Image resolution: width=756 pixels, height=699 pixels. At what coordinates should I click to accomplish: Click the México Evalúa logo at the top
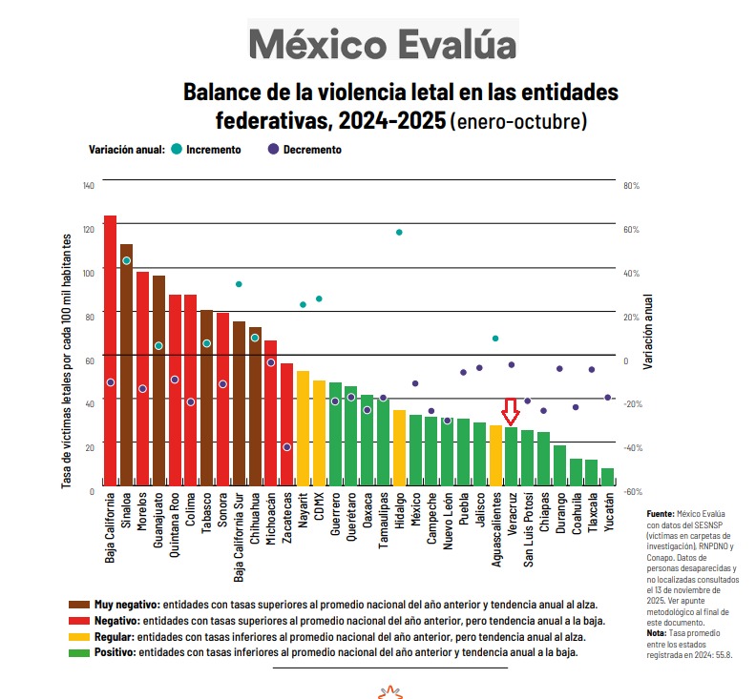coord(383,44)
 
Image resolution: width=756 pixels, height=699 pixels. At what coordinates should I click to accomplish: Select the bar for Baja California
coord(110,353)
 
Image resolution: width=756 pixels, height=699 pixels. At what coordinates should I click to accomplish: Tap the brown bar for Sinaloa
coord(126,367)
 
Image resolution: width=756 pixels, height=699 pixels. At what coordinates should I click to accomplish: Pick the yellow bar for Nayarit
coord(303,429)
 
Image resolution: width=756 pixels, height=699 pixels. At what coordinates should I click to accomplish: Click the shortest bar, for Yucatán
coord(607,477)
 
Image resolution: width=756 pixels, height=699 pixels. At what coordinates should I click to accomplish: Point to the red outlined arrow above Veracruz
coord(511,411)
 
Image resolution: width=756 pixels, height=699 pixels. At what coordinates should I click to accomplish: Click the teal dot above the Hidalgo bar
coord(399,232)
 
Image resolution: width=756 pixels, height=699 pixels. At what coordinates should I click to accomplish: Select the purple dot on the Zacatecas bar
coord(286,446)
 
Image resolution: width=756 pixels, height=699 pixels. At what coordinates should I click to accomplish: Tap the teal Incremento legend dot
coord(177,149)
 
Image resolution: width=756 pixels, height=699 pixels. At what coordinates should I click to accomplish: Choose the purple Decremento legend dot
coord(273,149)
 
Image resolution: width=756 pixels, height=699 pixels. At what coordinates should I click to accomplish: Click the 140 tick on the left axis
coord(89,185)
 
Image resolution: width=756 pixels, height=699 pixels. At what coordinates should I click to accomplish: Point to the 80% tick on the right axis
coord(631,185)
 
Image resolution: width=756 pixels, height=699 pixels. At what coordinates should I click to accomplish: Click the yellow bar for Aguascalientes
coord(495,456)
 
